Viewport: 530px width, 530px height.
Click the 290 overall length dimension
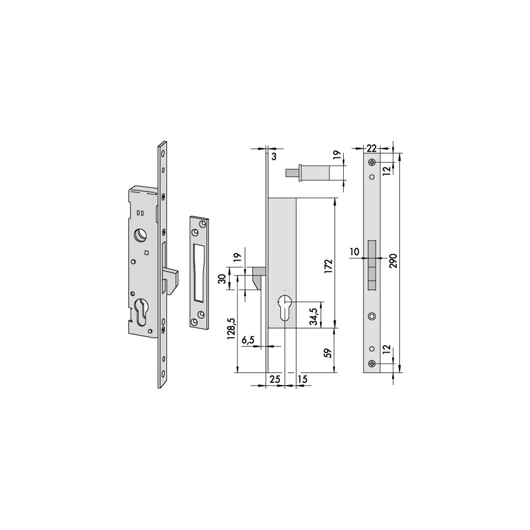(x=394, y=261)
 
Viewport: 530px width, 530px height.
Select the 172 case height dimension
(x=328, y=266)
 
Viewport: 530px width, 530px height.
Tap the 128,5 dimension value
(x=231, y=328)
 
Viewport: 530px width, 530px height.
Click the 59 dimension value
(x=328, y=353)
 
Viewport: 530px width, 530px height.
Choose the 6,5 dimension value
(x=248, y=340)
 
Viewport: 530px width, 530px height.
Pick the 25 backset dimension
(x=275, y=379)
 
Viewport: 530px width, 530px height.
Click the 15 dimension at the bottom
(x=302, y=379)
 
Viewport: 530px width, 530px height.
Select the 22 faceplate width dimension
(x=371, y=148)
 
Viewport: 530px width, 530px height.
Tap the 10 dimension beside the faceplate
(x=354, y=252)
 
